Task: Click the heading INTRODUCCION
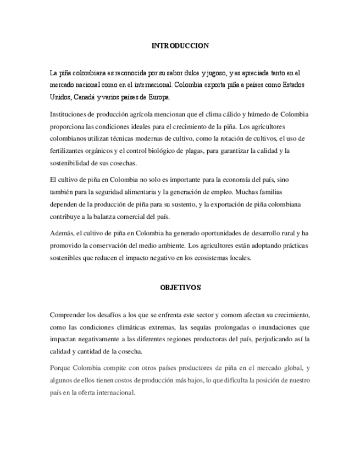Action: (x=180, y=46)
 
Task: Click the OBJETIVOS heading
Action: (x=180, y=287)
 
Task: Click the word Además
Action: (x=60, y=234)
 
